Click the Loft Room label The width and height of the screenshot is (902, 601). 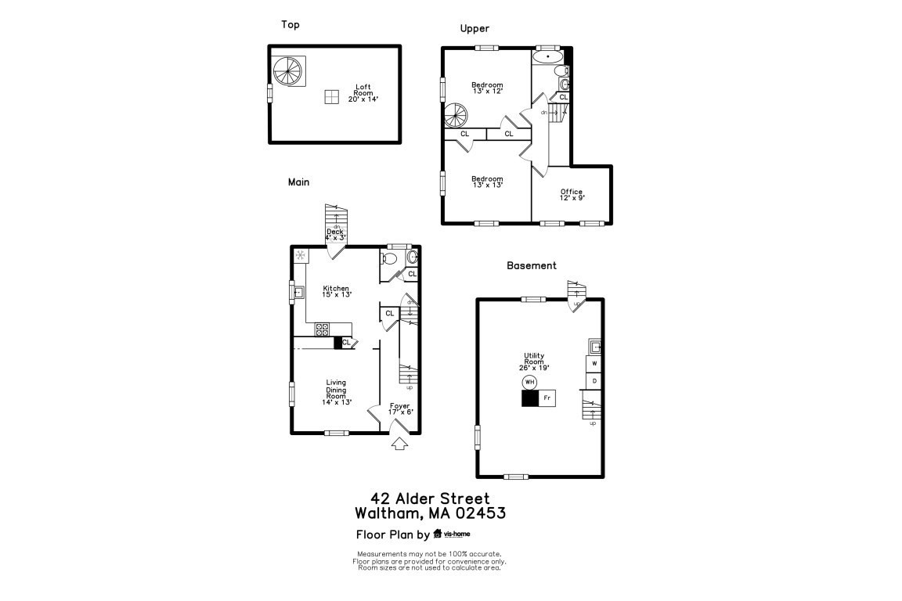pyautogui.click(x=363, y=93)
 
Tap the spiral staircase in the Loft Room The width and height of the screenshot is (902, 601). pyautogui.click(x=287, y=71)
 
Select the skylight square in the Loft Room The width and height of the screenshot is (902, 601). pyautogui.click(x=332, y=95)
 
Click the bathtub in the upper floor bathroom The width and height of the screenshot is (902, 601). pyautogui.click(x=547, y=56)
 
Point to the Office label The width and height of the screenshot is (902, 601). pyautogui.click(x=572, y=195)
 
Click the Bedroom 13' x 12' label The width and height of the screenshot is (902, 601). pyautogui.click(x=487, y=88)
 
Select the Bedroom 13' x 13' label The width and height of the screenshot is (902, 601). pyautogui.click(x=487, y=182)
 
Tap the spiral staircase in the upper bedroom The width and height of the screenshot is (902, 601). pyautogui.click(x=456, y=117)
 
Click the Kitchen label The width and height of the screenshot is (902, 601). pyautogui.click(x=337, y=291)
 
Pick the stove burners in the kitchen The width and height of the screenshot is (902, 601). pyautogui.click(x=322, y=329)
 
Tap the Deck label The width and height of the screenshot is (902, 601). pyautogui.click(x=335, y=234)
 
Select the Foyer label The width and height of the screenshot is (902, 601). pyautogui.click(x=400, y=408)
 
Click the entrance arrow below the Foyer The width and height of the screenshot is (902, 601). pyautogui.click(x=399, y=444)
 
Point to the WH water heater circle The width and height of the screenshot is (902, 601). pyautogui.click(x=530, y=382)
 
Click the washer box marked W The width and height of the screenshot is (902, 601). pyautogui.click(x=594, y=364)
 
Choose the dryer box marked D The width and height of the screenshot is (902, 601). pyautogui.click(x=594, y=381)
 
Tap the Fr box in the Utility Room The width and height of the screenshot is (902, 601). pyautogui.click(x=547, y=398)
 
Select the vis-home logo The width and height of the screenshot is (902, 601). pyautogui.click(x=452, y=534)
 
